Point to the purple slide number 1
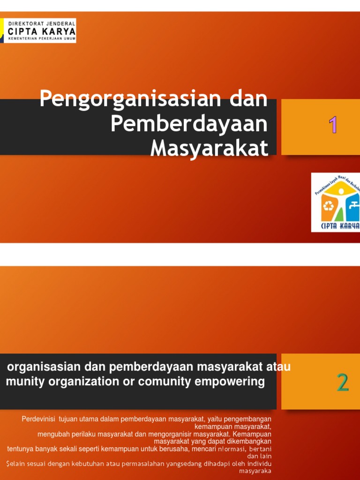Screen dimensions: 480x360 pyautogui.click(x=333, y=125)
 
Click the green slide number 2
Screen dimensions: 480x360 pyautogui.click(x=343, y=383)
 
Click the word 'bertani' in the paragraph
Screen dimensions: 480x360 pyautogui.click(x=260, y=449)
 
